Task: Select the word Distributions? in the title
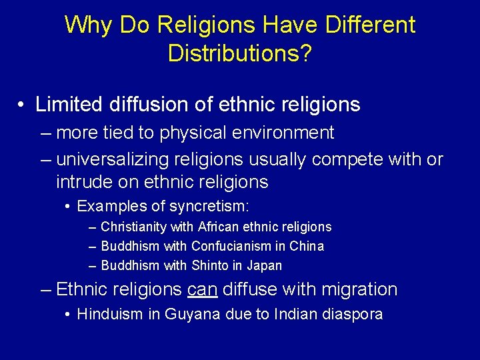[239, 53]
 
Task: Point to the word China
[307, 246]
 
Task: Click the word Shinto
[209, 265]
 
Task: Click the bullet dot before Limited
[22, 105]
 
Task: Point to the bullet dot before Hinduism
[69, 314]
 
